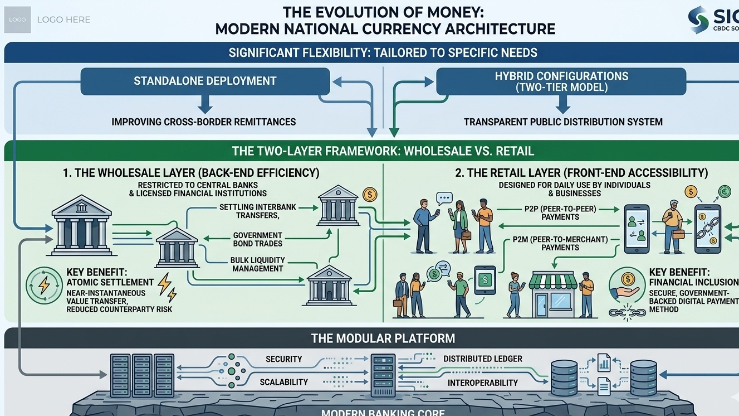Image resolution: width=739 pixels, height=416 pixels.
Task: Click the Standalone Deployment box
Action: coord(205,81)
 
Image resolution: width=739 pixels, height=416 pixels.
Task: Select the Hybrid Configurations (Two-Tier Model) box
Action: coord(561,81)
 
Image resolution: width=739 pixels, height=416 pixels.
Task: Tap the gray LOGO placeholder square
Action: coord(17,20)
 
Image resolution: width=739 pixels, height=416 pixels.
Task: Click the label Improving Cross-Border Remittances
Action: coord(203,122)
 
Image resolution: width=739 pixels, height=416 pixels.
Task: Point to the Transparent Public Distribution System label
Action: coord(563,122)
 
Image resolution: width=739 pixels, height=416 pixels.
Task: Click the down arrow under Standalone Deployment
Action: coord(205,104)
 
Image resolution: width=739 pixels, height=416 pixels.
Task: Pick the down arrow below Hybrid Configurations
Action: coord(562,104)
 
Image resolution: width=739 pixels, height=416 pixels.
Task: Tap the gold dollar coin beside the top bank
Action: coord(369,195)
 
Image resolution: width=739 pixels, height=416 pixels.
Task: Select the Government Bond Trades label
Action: coord(257,239)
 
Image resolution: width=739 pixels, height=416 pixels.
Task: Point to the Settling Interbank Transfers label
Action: coord(257,211)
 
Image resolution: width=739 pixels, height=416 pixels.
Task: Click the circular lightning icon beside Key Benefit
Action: coord(43,286)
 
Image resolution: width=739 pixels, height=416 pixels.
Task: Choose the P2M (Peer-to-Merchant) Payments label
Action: coord(560,243)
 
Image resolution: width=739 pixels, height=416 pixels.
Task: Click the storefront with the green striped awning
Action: coord(551,294)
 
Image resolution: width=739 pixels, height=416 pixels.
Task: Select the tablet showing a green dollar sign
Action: coord(484,279)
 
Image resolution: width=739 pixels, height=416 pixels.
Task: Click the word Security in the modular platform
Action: coord(283,359)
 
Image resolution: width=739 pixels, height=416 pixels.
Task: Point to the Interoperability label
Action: coord(482,383)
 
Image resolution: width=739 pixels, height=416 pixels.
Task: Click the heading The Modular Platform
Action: coord(383,338)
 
